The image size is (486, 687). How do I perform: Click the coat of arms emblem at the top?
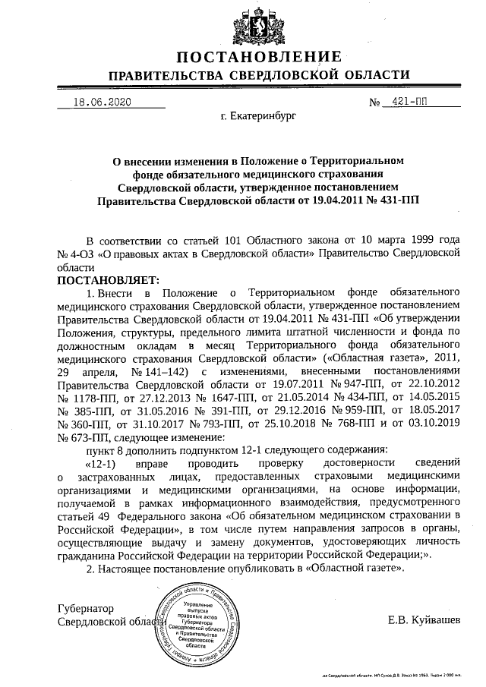point(259,24)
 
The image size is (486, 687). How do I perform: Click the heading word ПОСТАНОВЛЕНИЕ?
point(259,57)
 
